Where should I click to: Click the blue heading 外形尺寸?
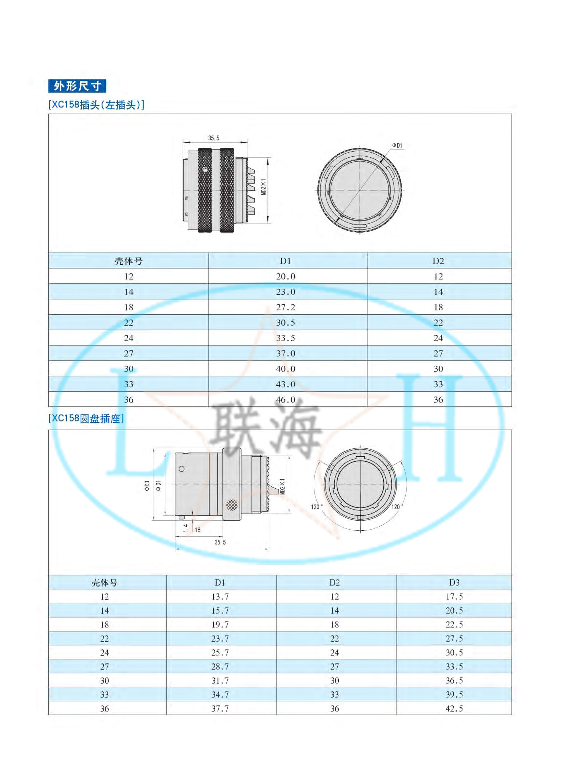(x=77, y=86)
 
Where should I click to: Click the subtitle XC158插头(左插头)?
(x=96, y=105)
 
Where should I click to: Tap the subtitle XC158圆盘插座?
(x=86, y=418)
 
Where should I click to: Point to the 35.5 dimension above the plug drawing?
(x=214, y=138)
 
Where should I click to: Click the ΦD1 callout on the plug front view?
(x=397, y=145)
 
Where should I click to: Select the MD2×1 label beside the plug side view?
(x=264, y=187)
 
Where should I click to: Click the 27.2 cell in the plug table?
(x=286, y=308)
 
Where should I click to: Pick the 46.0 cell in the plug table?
(x=286, y=400)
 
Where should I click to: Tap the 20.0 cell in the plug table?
(x=286, y=277)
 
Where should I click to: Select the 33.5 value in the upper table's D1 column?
(x=286, y=338)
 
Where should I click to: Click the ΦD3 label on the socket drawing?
(x=147, y=486)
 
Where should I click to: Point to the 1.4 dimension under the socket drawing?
(x=185, y=528)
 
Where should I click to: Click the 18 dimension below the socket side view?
(x=198, y=530)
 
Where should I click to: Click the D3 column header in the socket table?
(x=454, y=583)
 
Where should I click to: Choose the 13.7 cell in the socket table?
(x=220, y=597)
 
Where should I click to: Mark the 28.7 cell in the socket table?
(x=220, y=666)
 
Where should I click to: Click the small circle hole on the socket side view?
(x=182, y=469)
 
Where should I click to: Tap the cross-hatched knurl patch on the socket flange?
(x=232, y=505)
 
